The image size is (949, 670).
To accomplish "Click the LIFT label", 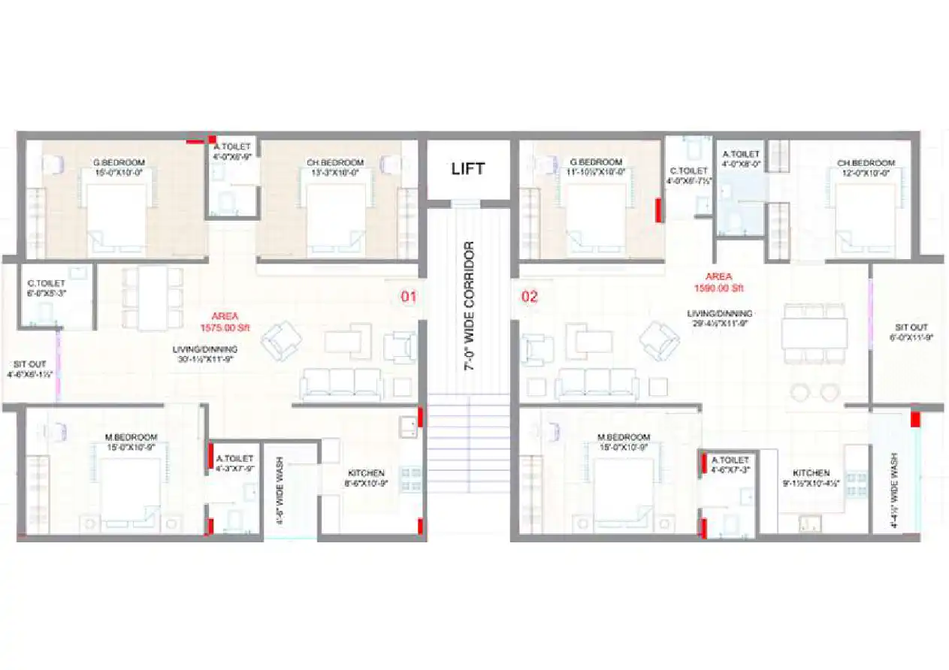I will [468, 168].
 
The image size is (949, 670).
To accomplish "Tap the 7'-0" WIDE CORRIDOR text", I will [468, 306].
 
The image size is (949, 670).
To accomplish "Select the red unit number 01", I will [408, 297].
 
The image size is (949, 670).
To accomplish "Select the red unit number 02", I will [530, 297].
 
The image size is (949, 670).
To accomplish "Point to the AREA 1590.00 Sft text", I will [718, 282].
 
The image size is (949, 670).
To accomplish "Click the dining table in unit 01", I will [153, 298].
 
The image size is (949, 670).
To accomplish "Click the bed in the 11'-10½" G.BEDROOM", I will [596, 213].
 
